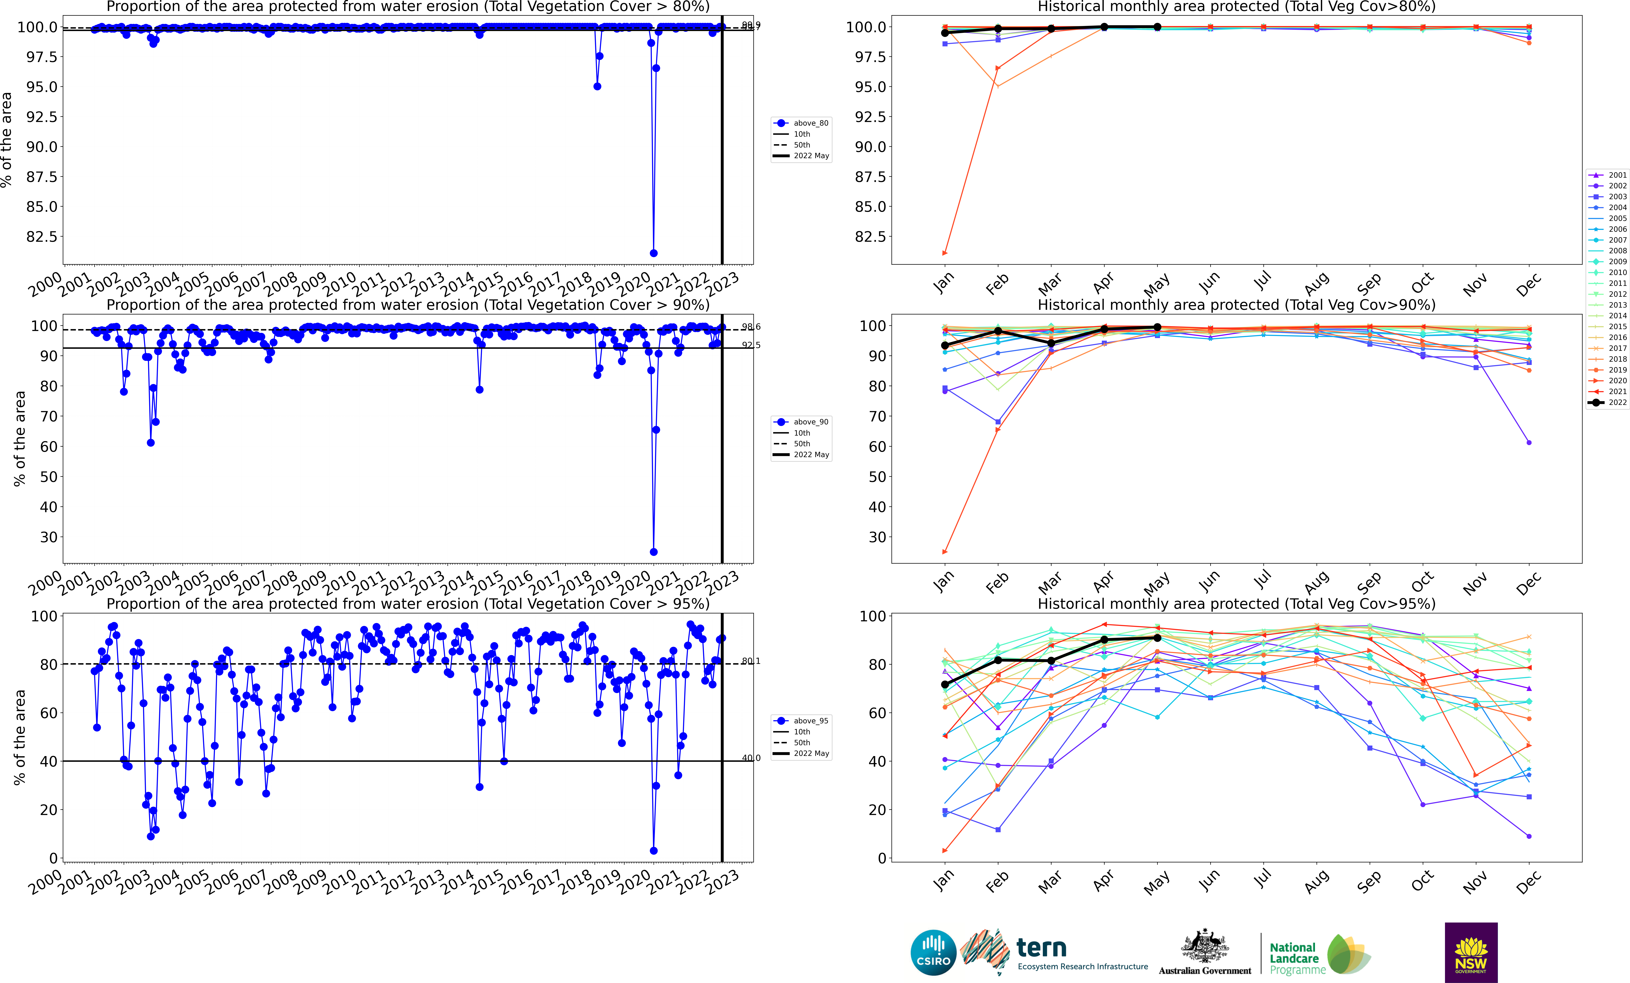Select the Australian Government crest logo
coord(1205,952)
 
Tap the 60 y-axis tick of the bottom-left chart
coord(48,713)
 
